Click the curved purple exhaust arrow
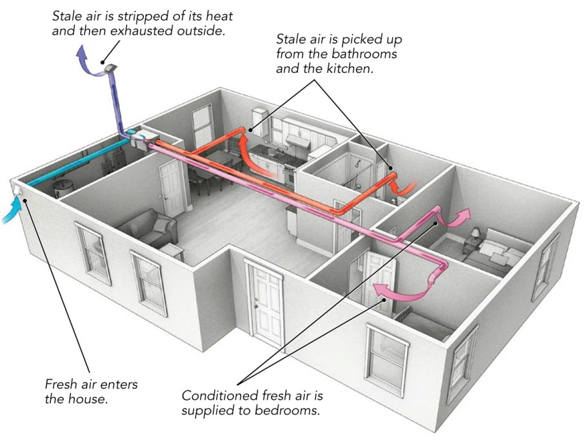87,61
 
